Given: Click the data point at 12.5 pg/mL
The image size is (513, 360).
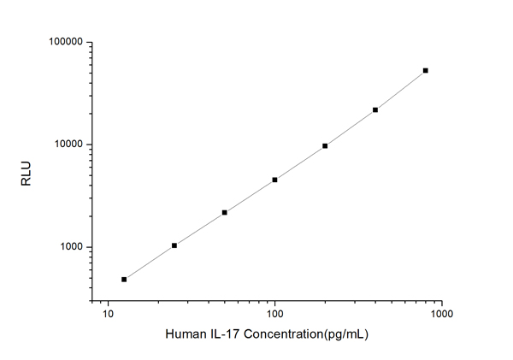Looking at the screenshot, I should click(124, 280).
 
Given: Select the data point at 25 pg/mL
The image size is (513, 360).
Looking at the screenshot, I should click(174, 245).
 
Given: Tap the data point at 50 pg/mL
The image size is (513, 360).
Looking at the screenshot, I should click(224, 212).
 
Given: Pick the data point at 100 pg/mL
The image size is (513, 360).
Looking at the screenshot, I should click(274, 180).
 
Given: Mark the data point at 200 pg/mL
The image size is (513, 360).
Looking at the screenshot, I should click(325, 146).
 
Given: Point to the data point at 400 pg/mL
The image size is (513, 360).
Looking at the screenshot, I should click(375, 109).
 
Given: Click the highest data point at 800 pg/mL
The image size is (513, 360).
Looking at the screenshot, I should click(426, 70).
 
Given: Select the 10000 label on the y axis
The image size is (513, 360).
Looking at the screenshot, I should click(66, 145).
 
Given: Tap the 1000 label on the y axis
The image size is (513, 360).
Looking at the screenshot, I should click(69, 247).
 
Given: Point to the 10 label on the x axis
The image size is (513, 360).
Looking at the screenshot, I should click(108, 316).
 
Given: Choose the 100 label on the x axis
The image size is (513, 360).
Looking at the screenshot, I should click(274, 316).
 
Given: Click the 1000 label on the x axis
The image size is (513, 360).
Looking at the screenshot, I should click(441, 316).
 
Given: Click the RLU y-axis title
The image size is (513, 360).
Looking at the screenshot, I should click(26, 171).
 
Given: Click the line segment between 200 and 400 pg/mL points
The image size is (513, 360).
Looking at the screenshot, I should click(351, 128).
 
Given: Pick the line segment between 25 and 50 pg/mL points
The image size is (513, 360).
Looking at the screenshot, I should click(199, 229).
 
